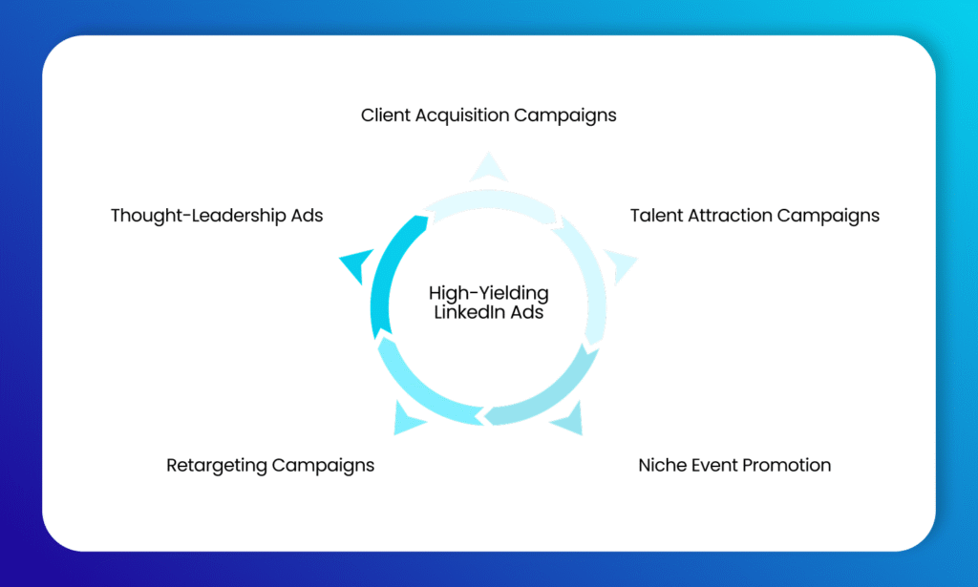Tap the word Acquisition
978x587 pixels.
pos(461,115)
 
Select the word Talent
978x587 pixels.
pos(654,216)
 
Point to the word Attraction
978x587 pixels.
pos(727,216)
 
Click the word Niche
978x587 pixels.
pos(661,466)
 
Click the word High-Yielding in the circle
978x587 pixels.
pos(488,294)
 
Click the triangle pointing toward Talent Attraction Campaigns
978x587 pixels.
pos(621,265)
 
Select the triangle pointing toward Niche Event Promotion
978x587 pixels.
pos(569,419)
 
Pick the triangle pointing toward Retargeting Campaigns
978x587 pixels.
pos(407,419)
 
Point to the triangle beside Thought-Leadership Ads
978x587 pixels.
pos(354,265)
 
